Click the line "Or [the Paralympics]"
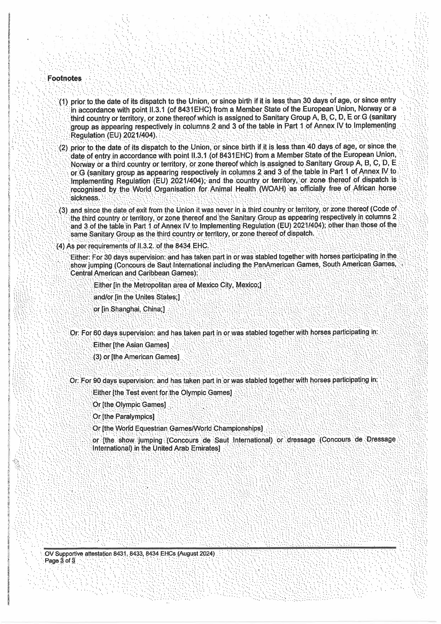click(x=124, y=416)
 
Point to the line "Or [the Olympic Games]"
click(x=129, y=404)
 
